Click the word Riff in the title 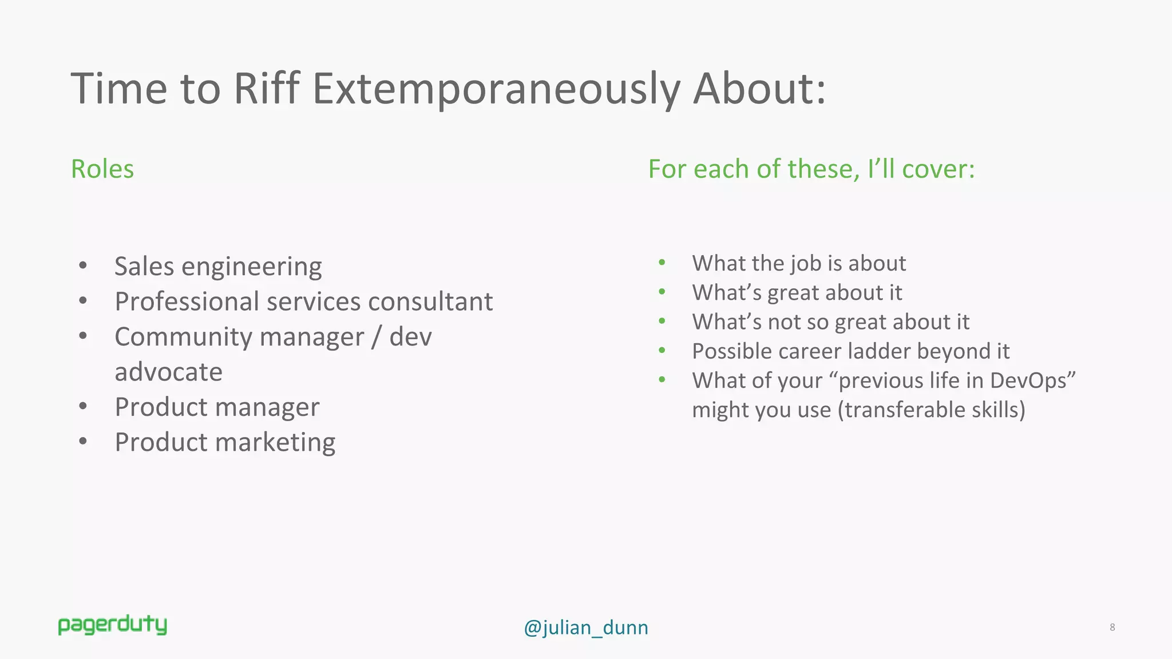[266, 89]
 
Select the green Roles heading [102, 169]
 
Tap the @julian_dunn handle [585, 628]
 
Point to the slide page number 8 [1112, 627]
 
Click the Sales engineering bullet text [218, 267]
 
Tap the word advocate [168, 372]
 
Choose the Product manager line [217, 407]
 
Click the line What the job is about [799, 263]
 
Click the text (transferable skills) [931, 410]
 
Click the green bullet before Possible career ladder [662, 350]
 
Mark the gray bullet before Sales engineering [84, 265]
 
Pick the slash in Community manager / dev [376, 337]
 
